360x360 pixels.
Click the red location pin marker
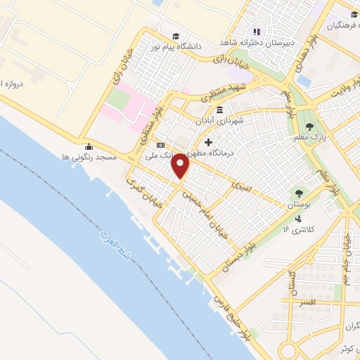tap(181, 166)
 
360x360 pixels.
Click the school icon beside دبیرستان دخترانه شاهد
tap(257, 32)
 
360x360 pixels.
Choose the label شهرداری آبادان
tap(221, 120)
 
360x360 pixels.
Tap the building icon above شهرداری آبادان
tap(220, 110)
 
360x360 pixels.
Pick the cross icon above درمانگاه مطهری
tap(208, 142)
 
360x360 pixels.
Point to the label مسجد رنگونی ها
tap(88, 157)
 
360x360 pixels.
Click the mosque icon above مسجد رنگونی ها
tap(89, 147)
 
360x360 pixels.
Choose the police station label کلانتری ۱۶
tap(296, 229)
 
